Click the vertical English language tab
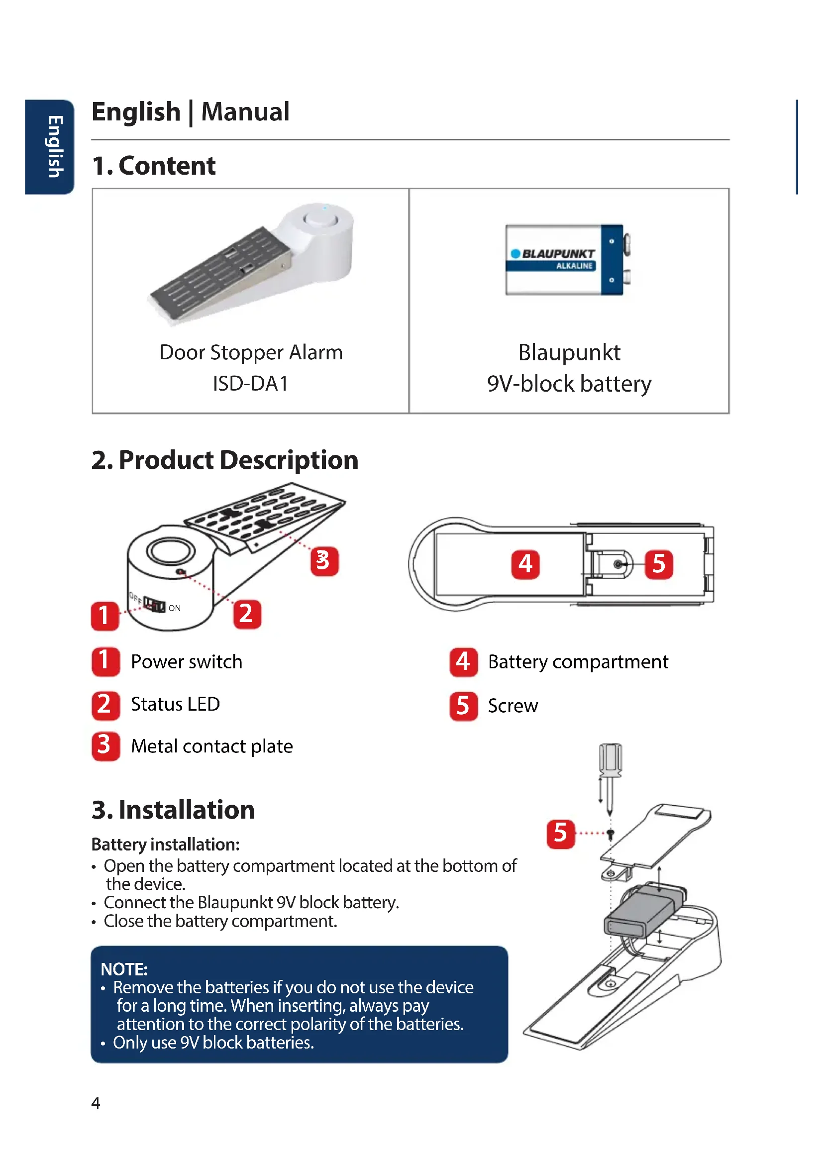pos(49,147)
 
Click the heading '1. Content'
pos(154,166)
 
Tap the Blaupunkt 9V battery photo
pos(568,260)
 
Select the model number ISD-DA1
pos(250,384)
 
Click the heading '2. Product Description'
pos(224,460)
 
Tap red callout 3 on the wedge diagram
pos(324,561)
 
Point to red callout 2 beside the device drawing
pos(247,614)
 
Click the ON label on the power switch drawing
pos(174,608)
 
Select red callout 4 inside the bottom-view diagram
pos(525,564)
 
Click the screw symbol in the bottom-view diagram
pos(617,564)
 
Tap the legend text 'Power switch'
pos(187,662)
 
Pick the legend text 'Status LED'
pos(175,704)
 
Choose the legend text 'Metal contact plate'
pos(212,746)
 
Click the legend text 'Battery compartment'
pos(578,662)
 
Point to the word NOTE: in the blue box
pos(124,969)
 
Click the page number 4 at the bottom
pos(96,1103)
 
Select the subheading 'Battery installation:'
pos(165,845)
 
